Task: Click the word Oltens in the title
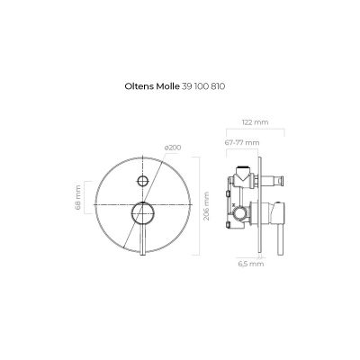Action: point(139,86)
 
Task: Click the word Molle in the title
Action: point(168,86)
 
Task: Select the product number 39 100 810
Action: point(203,86)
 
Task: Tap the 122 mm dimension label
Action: point(255,122)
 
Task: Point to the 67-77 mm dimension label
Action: point(242,142)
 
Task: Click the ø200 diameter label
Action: point(173,148)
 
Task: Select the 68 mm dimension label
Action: point(77,198)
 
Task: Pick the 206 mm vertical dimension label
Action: point(206,206)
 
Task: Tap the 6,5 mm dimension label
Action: point(251,264)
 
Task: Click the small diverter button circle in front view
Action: point(143,181)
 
